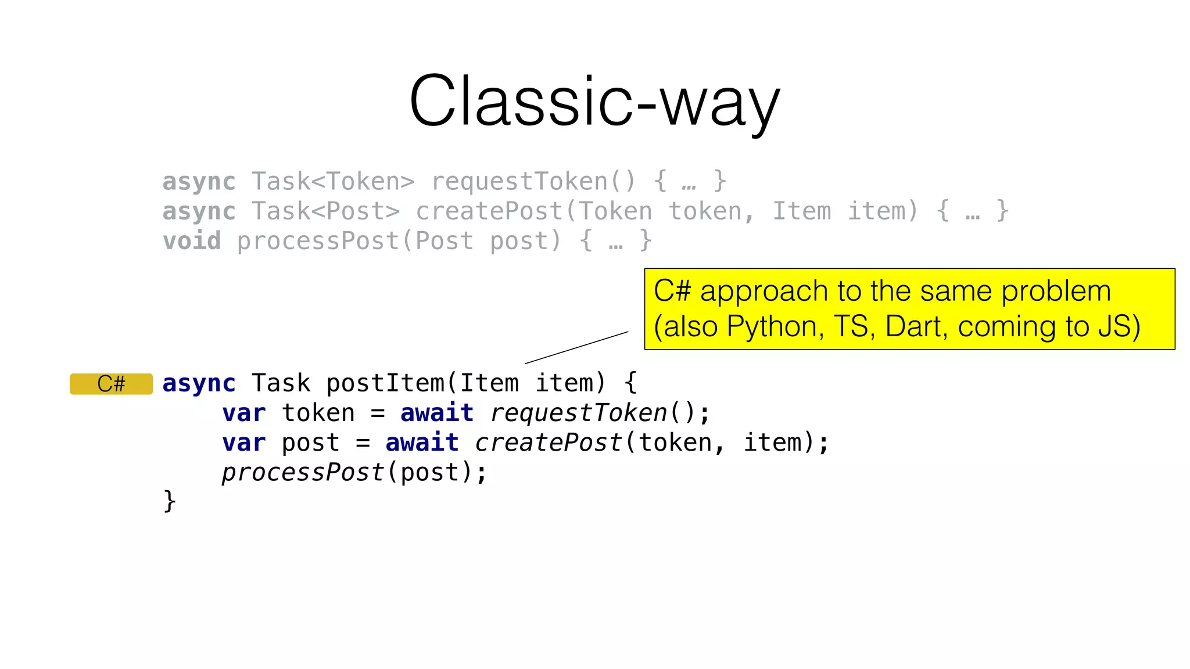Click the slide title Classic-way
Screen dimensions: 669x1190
coord(594,102)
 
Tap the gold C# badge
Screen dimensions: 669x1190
coord(111,384)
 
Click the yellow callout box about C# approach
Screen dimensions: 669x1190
coord(909,309)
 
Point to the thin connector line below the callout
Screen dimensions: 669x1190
coord(576,348)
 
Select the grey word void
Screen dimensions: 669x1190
coord(192,241)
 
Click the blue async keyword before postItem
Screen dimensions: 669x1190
coord(199,383)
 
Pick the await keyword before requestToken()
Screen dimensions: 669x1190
coord(437,413)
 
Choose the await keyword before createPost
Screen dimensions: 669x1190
coord(422,443)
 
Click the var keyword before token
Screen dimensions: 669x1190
coord(243,413)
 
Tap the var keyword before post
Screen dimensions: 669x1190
coord(243,443)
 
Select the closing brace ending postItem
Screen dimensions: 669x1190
coord(169,501)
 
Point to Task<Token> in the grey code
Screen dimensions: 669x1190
coord(333,182)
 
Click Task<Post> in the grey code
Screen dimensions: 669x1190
coord(325,211)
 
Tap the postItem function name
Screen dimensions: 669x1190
coord(385,383)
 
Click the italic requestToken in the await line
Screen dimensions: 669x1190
coord(579,413)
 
